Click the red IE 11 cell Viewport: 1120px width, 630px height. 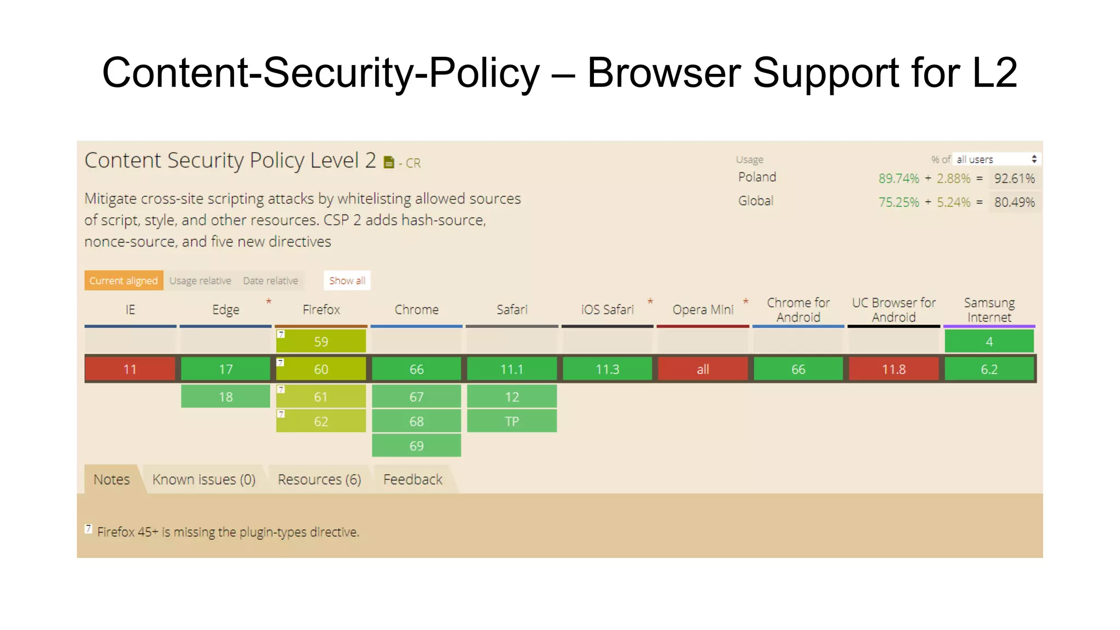click(130, 369)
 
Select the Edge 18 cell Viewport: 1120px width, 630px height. click(225, 396)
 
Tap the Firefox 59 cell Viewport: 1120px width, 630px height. click(321, 342)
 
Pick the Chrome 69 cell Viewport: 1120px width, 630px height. click(416, 446)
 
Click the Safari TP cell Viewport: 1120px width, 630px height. click(512, 421)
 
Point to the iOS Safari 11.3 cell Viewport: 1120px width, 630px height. click(607, 369)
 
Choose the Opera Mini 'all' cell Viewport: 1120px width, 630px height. click(703, 369)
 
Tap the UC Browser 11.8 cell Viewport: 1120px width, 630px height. click(894, 369)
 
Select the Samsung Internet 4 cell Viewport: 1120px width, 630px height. click(989, 342)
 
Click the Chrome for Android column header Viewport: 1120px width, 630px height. click(798, 310)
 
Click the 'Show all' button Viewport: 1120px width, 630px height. click(347, 281)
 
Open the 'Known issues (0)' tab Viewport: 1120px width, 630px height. click(204, 480)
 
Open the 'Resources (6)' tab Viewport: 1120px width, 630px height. click(319, 480)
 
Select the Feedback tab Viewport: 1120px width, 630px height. click(413, 480)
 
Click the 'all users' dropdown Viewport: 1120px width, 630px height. click(996, 159)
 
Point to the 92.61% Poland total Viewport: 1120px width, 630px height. click(1014, 179)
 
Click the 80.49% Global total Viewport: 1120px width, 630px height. click(1014, 202)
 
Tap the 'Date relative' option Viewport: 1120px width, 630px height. click(271, 281)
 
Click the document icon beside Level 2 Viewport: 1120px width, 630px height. click(389, 162)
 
